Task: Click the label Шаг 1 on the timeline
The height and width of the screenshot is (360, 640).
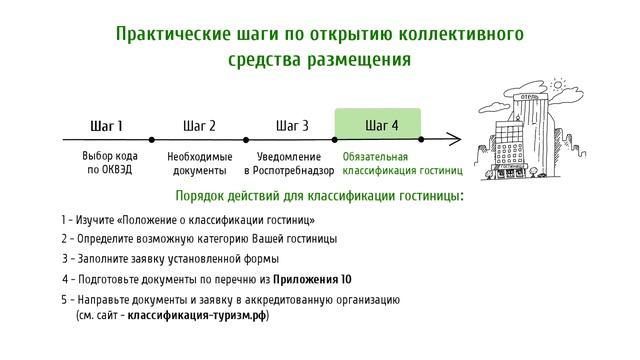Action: [x=106, y=126]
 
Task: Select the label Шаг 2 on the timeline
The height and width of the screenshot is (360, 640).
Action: [x=199, y=126]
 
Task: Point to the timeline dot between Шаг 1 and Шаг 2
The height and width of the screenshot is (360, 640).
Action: [x=152, y=140]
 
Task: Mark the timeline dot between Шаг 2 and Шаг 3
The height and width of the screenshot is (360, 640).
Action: [x=244, y=140]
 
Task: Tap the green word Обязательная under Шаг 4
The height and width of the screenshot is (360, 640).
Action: [x=375, y=157]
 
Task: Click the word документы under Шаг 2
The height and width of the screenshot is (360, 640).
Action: [x=199, y=171]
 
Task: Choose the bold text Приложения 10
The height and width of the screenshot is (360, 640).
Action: [x=312, y=279]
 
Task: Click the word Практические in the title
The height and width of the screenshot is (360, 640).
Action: [x=172, y=33]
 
